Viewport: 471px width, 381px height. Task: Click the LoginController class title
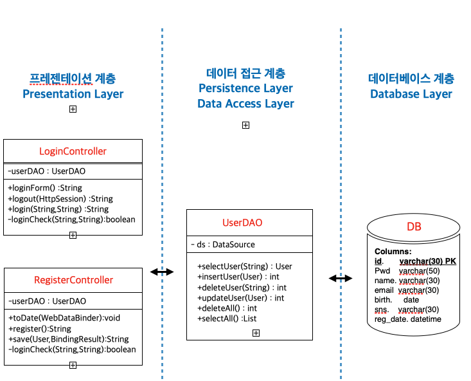click(73, 152)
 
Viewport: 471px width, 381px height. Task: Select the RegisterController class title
click(73, 280)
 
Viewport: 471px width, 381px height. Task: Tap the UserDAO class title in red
click(242, 223)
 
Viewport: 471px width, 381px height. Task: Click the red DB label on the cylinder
click(414, 228)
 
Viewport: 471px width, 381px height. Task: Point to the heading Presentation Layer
click(73, 94)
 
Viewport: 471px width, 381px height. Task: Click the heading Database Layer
click(411, 94)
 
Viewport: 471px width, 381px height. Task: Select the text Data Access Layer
click(245, 104)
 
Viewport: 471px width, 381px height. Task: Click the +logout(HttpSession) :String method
click(60, 199)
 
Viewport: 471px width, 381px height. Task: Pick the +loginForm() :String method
click(45, 188)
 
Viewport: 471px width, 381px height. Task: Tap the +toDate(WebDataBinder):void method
click(64, 318)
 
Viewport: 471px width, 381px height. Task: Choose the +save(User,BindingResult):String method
click(68, 339)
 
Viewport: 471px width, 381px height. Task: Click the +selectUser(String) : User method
click(244, 266)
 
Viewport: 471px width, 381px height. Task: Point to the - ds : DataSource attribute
click(223, 245)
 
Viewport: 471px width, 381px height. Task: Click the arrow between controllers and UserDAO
click(162, 272)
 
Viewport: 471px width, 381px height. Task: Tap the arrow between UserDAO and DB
click(341, 278)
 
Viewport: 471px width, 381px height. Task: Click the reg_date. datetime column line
click(408, 319)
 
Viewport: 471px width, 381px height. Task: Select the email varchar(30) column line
click(407, 290)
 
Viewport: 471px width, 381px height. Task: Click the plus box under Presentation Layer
click(73, 109)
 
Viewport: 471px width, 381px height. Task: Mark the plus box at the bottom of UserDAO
click(256, 333)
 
